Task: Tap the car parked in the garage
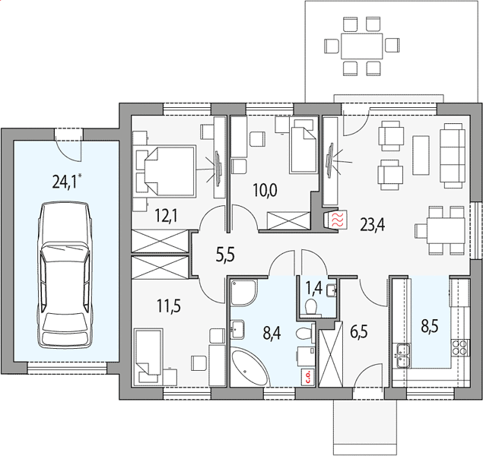[x=65, y=275]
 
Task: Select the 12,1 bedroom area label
[x=166, y=215]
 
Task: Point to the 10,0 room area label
[x=265, y=190]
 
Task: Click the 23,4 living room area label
[x=373, y=225]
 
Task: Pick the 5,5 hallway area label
[x=225, y=255]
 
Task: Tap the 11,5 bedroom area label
[x=169, y=306]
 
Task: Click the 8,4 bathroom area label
[x=272, y=333]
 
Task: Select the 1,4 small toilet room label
[x=313, y=288]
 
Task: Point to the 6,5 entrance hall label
[x=359, y=331]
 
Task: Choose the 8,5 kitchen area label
[x=430, y=326]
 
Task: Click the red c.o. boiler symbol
[x=308, y=377]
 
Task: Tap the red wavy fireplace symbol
[x=338, y=220]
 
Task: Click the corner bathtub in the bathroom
[x=250, y=366]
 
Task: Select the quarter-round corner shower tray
[x=243, y=293]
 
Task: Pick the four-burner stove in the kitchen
[x=460, y=347]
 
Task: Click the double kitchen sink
[x=403, y=356]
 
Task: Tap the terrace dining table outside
[x=361, y=46]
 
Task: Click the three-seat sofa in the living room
[x=453, y=155]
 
